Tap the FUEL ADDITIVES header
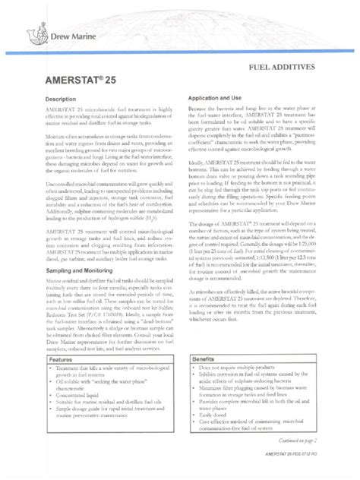point(302,68)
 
